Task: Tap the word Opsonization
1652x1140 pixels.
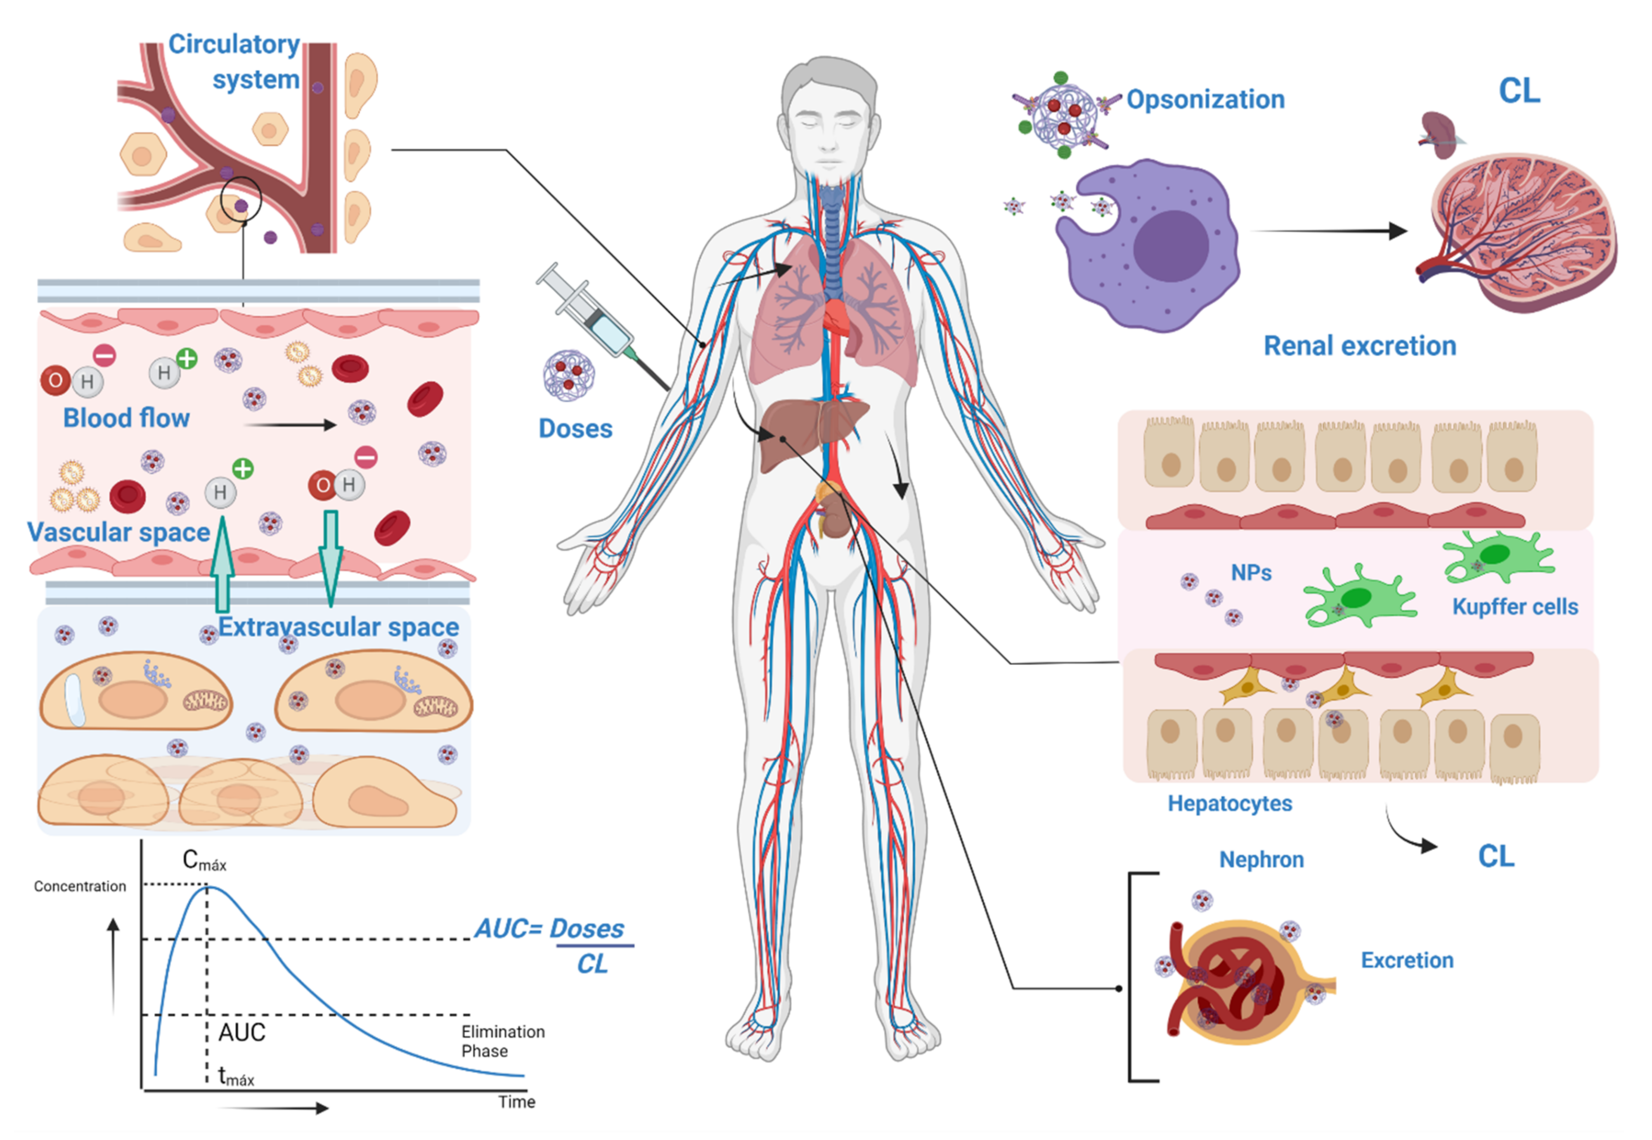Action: tap(1205, 99)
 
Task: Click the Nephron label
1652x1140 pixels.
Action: tap(1261, 859)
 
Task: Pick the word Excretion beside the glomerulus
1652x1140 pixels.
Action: tap(1406, 960)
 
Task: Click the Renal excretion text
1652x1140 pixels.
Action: tap(1359, 346)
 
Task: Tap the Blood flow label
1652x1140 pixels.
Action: tap(126, 418)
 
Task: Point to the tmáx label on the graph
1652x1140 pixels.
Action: tap(236, 1076)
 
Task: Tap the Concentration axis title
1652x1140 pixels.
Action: tap(80, 886)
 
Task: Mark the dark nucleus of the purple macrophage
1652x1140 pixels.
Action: tap(1170, 246)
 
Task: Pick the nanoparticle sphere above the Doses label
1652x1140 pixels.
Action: tap(568, 375)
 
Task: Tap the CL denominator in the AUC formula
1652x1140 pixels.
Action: tap(592, 964)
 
